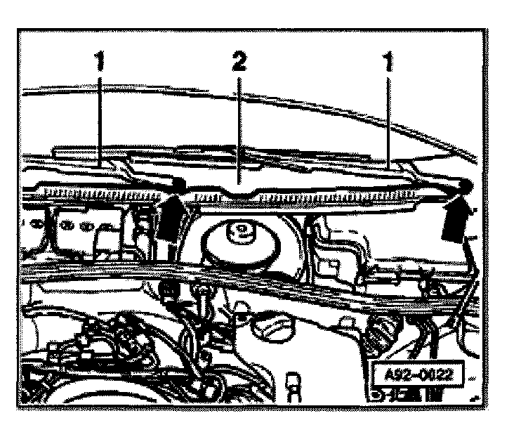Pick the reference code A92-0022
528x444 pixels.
(x=417, y=373)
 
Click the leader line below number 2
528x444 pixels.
(x=239, y=126)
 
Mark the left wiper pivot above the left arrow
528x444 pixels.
(x=177, y=185)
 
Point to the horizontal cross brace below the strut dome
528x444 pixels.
(x=246, y=281)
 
